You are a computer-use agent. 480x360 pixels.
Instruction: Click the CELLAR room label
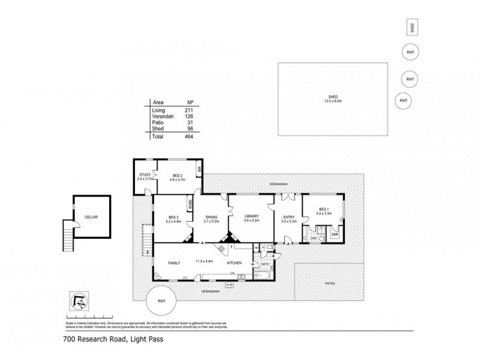pyautogui.click(x=91, y=217)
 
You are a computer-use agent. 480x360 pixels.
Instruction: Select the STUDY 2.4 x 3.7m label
pyautogui.click(x=143, y=177)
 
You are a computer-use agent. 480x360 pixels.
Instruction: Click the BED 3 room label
pyautogui.click(x=173, y=219)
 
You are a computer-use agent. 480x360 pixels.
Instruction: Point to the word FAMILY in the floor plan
pyautogui.click(x=175, y=263)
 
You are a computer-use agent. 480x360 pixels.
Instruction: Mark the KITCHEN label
pyautogui.click(x=234, y=263)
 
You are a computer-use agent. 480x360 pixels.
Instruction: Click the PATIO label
pyautogui.click(x=329, y=283)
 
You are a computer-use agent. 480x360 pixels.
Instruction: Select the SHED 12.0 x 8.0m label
pyautogui.click(x=333, y=99)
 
